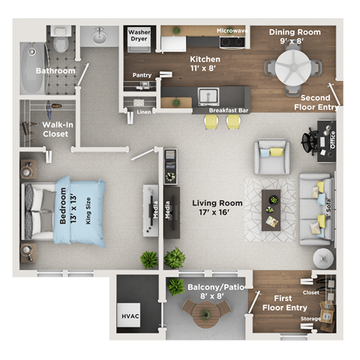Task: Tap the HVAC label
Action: click(x=130, y=316)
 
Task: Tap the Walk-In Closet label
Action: click(x=55, y=129)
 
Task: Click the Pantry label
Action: click(x=142, y=75)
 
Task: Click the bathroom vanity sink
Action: click(x=100, y=35)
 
